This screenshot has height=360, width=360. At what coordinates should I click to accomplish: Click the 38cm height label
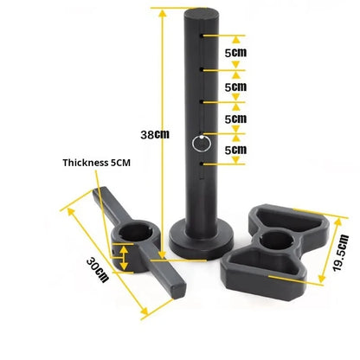[x=155, y=135]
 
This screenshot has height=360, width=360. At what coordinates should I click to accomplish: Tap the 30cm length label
[x=98, y=270]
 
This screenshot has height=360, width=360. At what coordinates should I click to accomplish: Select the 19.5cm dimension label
[x=341, y=254]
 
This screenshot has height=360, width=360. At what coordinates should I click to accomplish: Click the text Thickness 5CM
[x=97, y=163]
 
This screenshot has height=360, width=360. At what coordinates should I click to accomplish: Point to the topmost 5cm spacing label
[x=235, y=53]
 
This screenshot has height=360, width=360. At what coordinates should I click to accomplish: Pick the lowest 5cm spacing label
[x=235, y=150]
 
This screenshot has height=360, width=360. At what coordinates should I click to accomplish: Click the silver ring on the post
[x=201, y=144]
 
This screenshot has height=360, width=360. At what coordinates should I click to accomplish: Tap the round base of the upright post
[x=202, y=240]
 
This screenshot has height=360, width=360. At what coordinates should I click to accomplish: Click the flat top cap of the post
[x=202, y=15]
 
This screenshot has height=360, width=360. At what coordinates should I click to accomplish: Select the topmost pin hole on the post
[x=202, y=35]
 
